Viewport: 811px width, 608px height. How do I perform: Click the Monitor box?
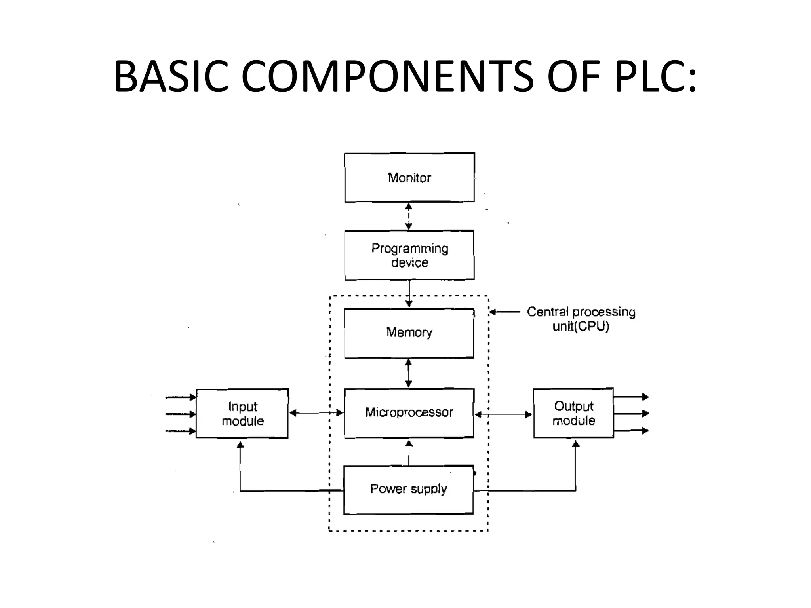(409, 178)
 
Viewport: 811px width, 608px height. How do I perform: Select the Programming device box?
(409, 255)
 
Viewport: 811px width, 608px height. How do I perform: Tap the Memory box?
(409, 333)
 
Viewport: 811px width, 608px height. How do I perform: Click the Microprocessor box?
(409, 413)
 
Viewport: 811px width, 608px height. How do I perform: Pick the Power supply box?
(408, 490)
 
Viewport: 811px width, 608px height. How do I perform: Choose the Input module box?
(242, 413)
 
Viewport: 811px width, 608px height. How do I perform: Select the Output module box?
(573, 413)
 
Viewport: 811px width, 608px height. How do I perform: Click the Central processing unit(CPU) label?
(581, 319)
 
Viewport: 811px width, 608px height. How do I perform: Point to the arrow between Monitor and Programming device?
(409, 217)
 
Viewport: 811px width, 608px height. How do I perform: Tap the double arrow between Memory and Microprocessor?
(408, 373)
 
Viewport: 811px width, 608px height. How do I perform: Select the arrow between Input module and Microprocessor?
(316, 413)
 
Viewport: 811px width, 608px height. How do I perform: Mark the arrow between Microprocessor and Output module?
(503, 414)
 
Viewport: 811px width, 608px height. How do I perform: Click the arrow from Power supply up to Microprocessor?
(409, 452)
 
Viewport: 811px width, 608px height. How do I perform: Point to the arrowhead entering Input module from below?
(240, 445)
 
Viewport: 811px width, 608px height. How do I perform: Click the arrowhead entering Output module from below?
(576, 445)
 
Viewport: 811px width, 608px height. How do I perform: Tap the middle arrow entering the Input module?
(181, 414)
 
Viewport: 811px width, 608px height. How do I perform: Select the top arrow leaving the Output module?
(631, 397)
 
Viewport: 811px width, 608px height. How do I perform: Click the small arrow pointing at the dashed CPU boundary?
(504, 312)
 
